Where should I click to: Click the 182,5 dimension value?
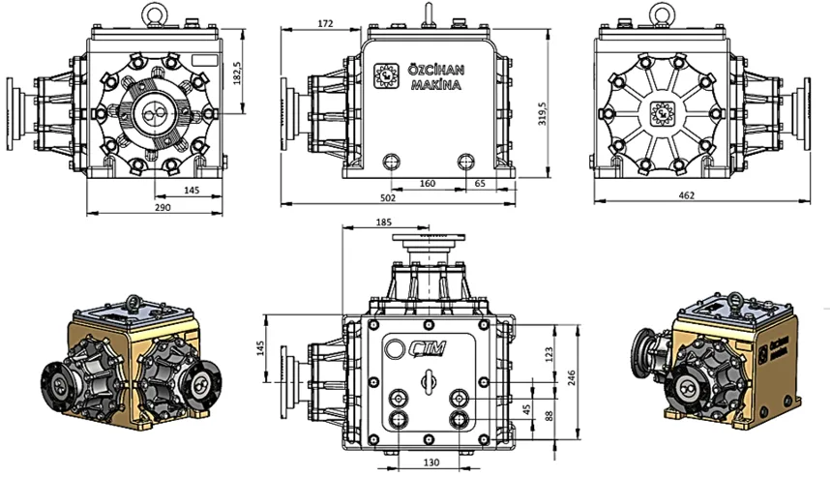tap(237, 73)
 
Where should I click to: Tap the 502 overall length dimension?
tap(388, 197)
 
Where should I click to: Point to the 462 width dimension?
tap(686, 195)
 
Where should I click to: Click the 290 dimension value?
tap(163, 207)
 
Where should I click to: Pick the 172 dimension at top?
tap(325, 23)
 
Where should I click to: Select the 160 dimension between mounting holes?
tap(428, 183)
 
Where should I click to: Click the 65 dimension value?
tap(480, 183)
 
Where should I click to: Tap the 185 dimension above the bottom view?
tap(384, 222)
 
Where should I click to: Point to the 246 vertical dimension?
tap(571, 378)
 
